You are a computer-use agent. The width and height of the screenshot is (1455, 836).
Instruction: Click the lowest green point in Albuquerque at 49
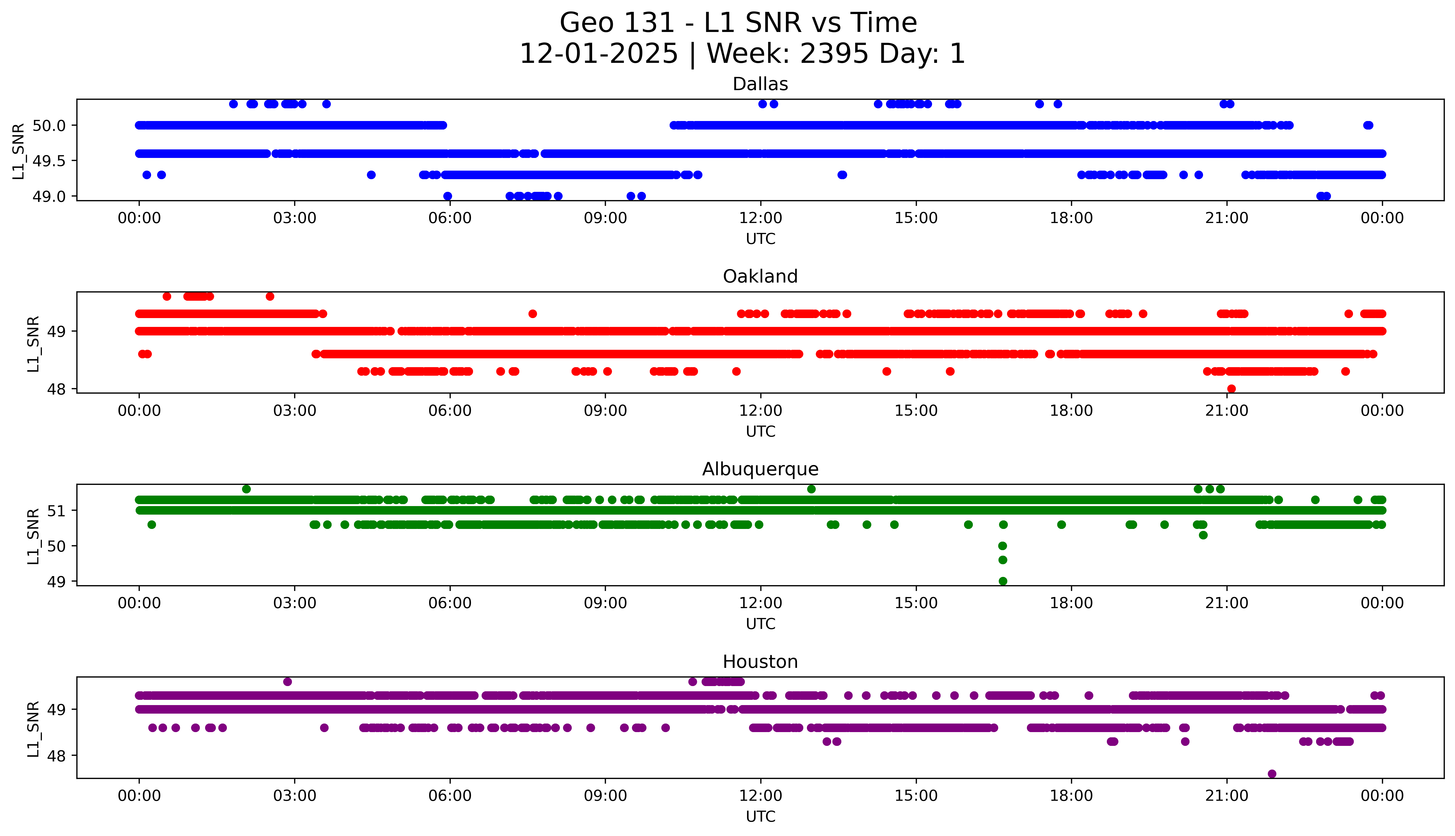coord(1003,581)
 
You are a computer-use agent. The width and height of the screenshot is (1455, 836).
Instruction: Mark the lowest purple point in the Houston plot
coord(1272,773)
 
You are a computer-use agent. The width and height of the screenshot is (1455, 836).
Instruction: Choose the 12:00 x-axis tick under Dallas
coord(761,218)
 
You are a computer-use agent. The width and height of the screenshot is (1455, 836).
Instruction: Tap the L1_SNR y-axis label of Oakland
coord(33,343)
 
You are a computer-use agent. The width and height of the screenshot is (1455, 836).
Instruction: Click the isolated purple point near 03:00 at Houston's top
coord(288,682)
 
